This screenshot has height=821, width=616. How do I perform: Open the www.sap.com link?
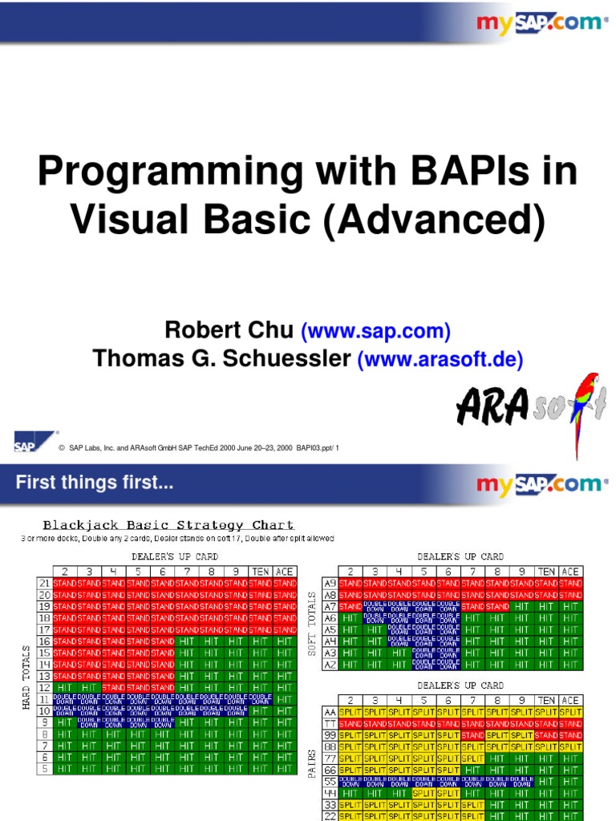pos(375,330)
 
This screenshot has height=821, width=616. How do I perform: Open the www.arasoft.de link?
pos(440,359)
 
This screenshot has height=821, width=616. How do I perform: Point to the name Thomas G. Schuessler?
pos(222,359)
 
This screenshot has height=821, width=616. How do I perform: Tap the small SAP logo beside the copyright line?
pos(26,443)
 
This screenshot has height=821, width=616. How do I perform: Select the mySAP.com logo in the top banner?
pos(542,22)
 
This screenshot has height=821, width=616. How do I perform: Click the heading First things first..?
pos(95,483)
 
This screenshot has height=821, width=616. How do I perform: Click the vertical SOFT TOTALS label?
pos(311,624)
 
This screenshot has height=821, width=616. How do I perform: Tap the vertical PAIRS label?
pos(311,766)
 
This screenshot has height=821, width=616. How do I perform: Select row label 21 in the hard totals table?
pos(45,583)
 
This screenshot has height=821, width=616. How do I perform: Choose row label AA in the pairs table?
pos(330,711)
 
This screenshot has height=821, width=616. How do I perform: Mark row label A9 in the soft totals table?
pos(330,583)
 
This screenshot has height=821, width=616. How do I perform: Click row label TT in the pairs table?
pos(330,723)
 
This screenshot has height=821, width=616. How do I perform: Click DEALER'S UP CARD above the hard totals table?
pos(174,556)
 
